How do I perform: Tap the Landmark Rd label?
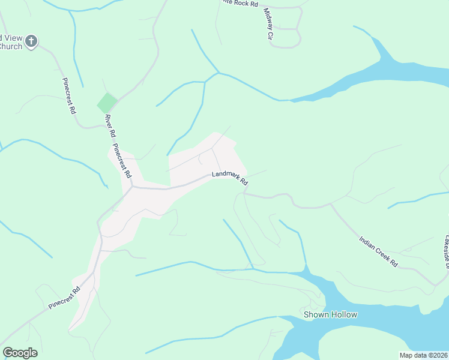[x=229, y=179]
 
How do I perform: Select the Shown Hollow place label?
[x=330, y=314]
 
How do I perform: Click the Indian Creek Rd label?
[x=378, y=251]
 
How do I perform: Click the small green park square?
[x=107, y=103]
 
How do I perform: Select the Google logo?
[x=20, y=353]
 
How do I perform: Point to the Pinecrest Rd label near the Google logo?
[x=64, y=298]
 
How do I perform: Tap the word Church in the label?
[x=10, y=46]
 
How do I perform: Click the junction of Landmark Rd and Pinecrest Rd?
[x=132, y=187]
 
